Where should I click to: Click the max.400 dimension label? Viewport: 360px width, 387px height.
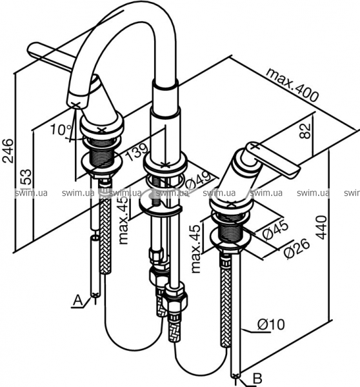pos(292,84)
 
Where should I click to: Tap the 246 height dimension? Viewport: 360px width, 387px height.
pos(8,151)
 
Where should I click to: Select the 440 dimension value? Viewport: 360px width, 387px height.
pos(321,227)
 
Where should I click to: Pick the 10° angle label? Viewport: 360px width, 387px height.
pos(61,130)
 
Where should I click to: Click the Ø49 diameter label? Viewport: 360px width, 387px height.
pos(199,181)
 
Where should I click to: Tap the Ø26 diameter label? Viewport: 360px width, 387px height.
pos(296,249)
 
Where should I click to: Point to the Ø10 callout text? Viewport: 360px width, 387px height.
pos(271,324)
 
